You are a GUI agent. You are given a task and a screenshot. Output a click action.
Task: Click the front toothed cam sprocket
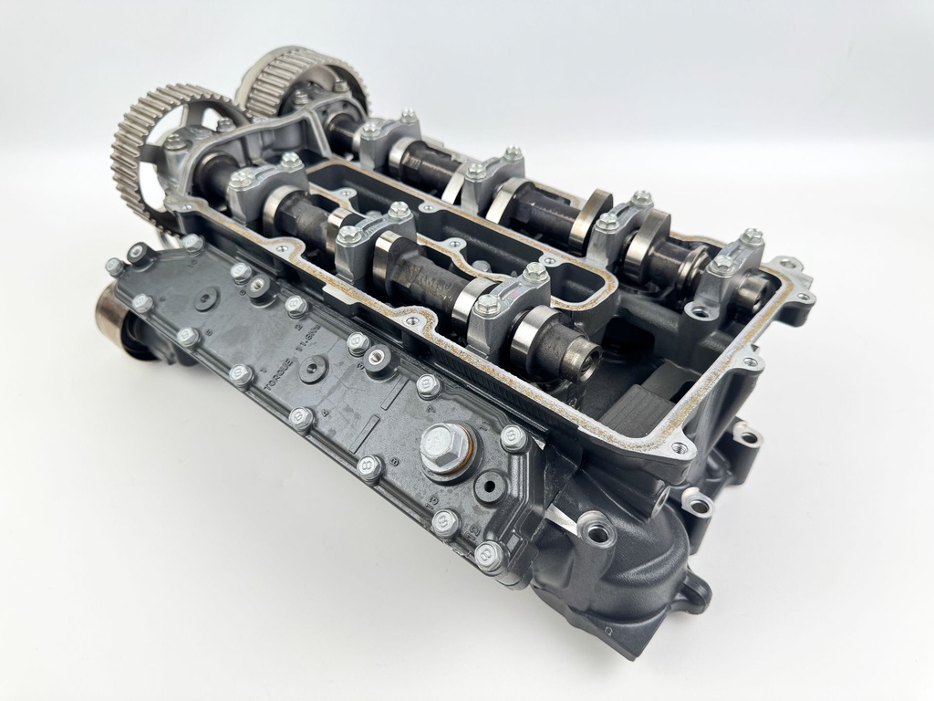(137, 146)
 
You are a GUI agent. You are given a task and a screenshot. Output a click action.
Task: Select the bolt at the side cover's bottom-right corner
(489, 554)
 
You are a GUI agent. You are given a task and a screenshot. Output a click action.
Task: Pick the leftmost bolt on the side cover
(115, 267)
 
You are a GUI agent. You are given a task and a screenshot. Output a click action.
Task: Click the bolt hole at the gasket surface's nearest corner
(679, 449)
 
